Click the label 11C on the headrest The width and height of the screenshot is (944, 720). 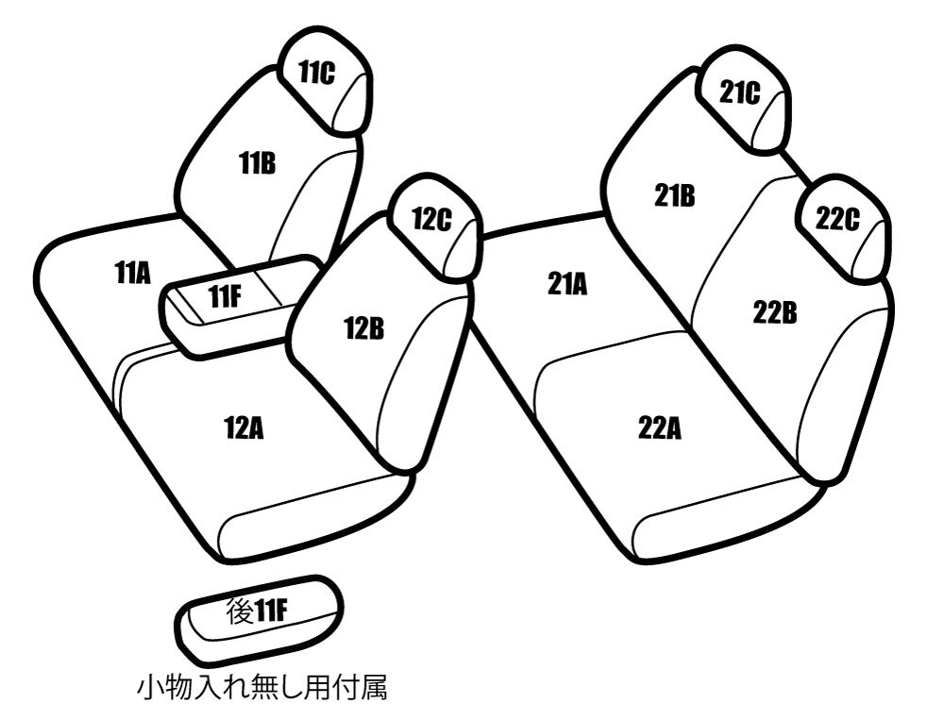(316, 73)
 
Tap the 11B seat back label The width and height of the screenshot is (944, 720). (257, 162)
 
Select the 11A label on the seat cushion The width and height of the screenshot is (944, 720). (132, 274)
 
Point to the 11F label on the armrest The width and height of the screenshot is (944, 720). (226, 296)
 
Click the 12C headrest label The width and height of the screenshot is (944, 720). (431, 219)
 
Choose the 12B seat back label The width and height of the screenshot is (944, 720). (363, 328)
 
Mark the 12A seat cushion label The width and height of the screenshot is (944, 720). (244, 428)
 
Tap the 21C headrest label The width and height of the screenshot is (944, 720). (740, 93)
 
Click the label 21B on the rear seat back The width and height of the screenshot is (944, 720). (674, 195)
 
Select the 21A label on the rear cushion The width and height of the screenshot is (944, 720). (567, 283)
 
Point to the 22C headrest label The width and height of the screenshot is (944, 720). (837, 219)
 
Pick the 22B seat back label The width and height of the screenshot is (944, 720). (775, 313)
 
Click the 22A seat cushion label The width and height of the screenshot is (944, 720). (660, 429)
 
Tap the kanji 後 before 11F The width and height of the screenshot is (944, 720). (239, 611)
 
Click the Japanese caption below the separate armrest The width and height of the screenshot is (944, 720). (261, 688)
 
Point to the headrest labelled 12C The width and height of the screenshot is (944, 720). (435, 227)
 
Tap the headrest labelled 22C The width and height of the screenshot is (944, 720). (844, 227)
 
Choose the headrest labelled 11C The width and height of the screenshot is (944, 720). (324, 79)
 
